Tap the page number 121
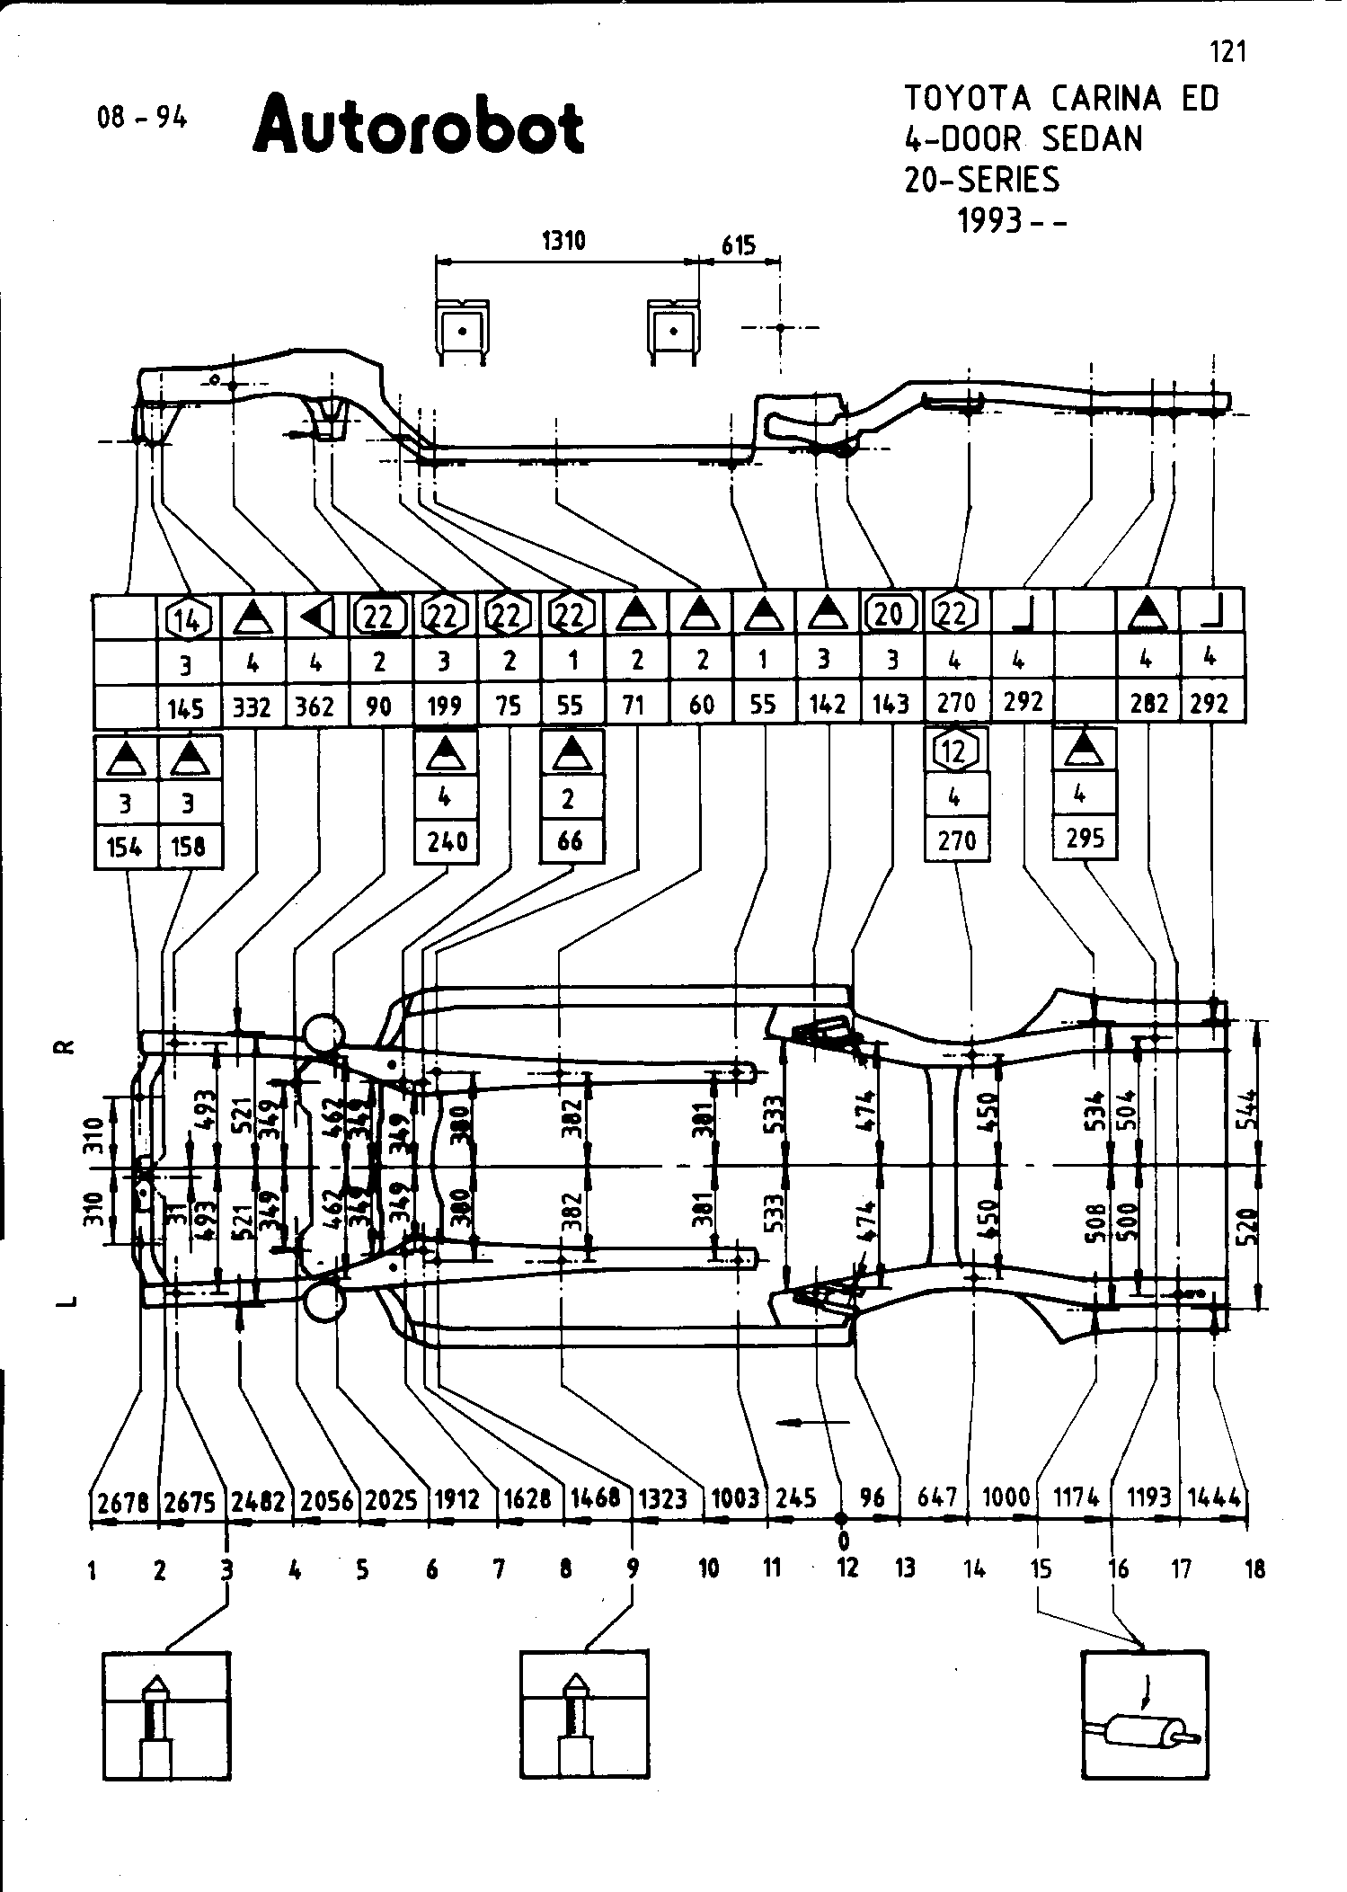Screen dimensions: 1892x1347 [x=1228, y=52]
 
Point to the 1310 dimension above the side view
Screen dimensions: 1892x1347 [x=563, y=241]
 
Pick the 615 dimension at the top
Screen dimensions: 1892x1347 [x=739, y=245]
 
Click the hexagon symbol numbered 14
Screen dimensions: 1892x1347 [x=188, y=617]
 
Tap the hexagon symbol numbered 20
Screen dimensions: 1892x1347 [x=890, y=614]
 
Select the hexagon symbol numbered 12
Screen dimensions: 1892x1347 [x=955, y=751]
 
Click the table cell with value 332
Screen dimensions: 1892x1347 [x=252, y=707]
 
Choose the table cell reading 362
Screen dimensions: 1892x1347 [x=315, y=707]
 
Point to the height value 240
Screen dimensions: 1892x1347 [x=447, y=841]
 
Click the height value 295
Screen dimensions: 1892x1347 [x=1085, y=839]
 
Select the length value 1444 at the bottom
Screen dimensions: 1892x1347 [x=1214, y=1497]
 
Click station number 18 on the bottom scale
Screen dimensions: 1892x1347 [x=1254, y=1569]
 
